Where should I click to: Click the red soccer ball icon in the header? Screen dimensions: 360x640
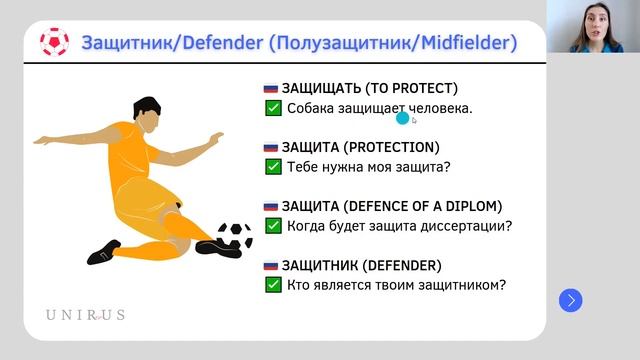click(54, 42)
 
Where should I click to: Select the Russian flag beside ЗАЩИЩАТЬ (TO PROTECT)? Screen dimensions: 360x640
click(271, 88)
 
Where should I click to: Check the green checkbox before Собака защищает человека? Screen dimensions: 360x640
click(272, 108)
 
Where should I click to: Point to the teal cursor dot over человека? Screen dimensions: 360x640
click(403, 118)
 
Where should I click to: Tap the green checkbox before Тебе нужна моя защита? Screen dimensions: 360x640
click(272, 167)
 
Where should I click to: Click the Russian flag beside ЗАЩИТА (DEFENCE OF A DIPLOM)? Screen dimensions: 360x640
click(271, 206)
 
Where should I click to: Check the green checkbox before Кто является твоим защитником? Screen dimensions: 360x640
click(272, 285)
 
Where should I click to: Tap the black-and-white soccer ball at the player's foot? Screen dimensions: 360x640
click(235, 235)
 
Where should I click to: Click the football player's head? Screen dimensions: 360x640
click(146, 113)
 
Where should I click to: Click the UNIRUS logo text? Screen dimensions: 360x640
click(85, 314)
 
